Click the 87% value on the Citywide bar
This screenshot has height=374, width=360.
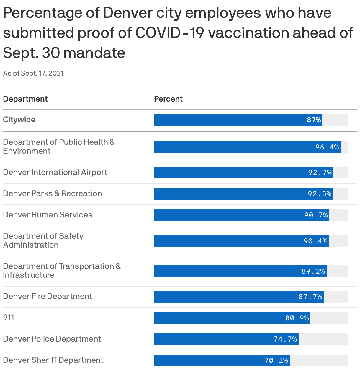click(x=314, y=120)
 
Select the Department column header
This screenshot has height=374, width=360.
click(x=25, y=99)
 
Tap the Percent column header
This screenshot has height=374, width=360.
click(x=168, y=99)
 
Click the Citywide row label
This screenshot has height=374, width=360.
click(x=19, y=120)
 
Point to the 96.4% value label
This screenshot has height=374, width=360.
click(x=327, y=147)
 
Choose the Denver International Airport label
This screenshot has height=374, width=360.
click(x=55, y=172)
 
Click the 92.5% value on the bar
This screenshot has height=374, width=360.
click(x=320, y=194)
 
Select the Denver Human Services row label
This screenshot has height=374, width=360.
click(x=48, y=215)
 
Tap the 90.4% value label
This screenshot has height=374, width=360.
click(x=315, y=241)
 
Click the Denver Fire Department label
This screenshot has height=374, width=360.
click(x=48, y=296)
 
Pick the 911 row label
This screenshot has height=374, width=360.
click(x=9, y=318)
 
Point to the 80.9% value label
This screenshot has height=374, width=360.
click(x=297, y=318)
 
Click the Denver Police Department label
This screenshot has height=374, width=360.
click(x=52, y=339)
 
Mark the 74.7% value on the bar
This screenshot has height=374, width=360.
click(x=285, y=339)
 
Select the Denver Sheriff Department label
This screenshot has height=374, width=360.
click(x=53, y=360)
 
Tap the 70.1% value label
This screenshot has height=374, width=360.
click(x=276, y=360)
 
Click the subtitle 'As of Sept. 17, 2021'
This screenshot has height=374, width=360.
click(x=33, y=73)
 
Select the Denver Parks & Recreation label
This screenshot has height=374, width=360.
click(x=53, y=193)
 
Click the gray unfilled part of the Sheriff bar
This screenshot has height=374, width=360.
click(x=319, y=360)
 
